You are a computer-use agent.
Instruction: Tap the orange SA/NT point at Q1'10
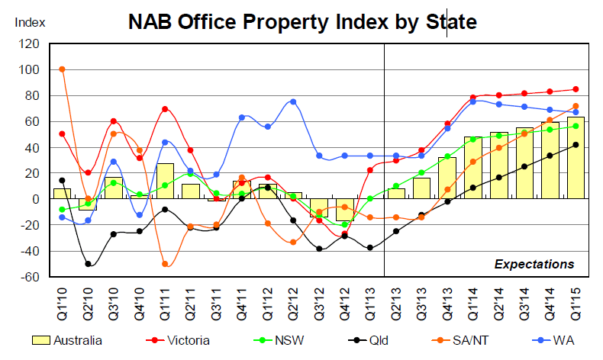click(62, 69)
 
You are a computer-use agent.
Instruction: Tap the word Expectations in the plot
click(534, 264)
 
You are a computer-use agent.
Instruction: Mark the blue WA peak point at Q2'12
click(293, 101)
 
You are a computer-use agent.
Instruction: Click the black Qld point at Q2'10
click(89, 264)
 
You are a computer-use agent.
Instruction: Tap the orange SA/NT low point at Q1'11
click(165, 264)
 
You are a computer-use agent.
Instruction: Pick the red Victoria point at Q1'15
click(576, 89)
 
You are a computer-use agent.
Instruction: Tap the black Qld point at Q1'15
click(576, 144)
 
